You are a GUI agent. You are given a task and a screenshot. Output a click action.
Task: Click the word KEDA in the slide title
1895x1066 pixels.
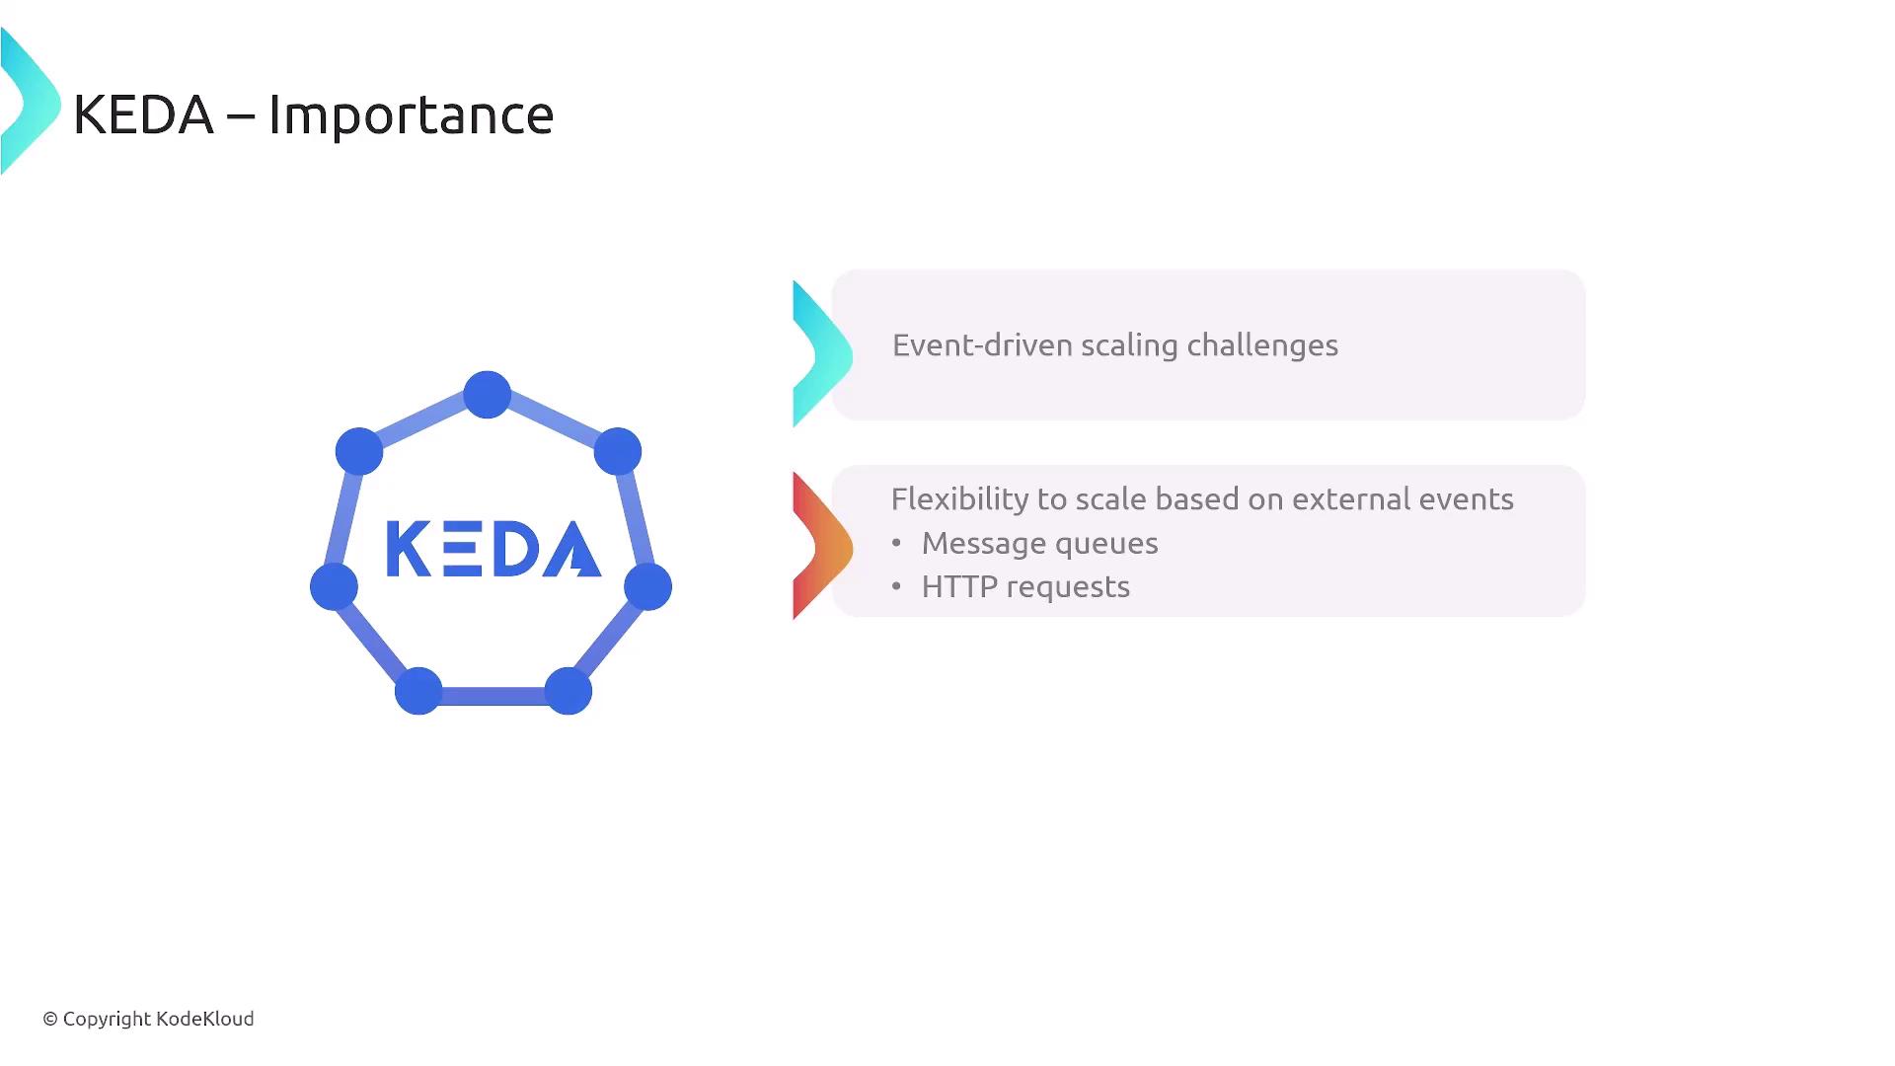point(143,114)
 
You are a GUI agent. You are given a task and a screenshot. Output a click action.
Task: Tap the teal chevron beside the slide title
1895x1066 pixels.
point(30,102)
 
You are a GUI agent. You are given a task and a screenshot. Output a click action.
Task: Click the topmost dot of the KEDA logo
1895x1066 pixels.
point(488,395)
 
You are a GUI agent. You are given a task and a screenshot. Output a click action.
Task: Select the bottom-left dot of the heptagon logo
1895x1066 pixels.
point(418,691)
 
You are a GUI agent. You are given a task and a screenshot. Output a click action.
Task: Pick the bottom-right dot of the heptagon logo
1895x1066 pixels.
point(568,691)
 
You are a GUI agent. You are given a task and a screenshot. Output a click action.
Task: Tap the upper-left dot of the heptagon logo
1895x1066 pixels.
point(359,452)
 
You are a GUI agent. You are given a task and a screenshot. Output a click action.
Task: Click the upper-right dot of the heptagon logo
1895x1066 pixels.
point(618,452)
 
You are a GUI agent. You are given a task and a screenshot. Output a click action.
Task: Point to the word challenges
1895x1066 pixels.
point(1262,346)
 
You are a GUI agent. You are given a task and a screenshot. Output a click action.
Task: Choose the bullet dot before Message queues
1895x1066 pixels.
point(896,543)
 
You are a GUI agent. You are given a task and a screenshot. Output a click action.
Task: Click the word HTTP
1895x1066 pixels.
point(960,586)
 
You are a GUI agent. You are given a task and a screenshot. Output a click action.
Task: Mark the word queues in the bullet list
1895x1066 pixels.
point(1110,545)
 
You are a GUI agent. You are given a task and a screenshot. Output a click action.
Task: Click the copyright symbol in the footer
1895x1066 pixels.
point(50,1019)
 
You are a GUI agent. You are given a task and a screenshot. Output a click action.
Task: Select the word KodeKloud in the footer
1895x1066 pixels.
point(205,1018)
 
